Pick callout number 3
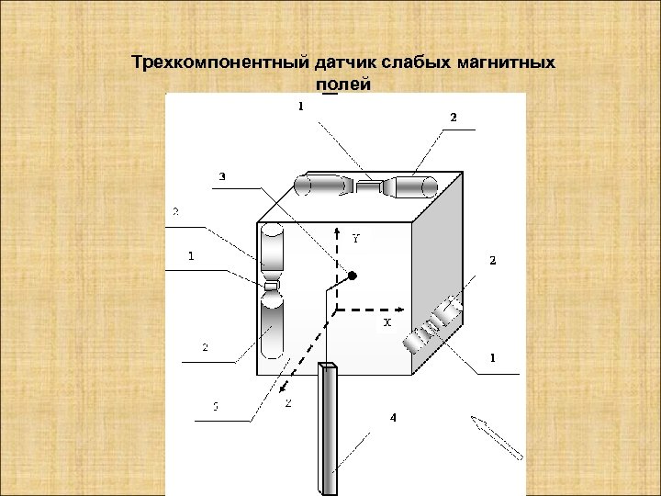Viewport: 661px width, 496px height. (x=221, y=175)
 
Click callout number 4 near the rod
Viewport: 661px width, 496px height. (x=393, y=418)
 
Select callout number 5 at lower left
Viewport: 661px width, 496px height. (x=215, y=408)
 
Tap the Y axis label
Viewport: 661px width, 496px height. (x=356, y=237)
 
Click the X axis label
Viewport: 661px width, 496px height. (x=387, y=323)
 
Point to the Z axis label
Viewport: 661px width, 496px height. (x=289, y=402)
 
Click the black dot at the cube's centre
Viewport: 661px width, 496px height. (x=352, y=275)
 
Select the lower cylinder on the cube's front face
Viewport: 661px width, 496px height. (x=271, y=326)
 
